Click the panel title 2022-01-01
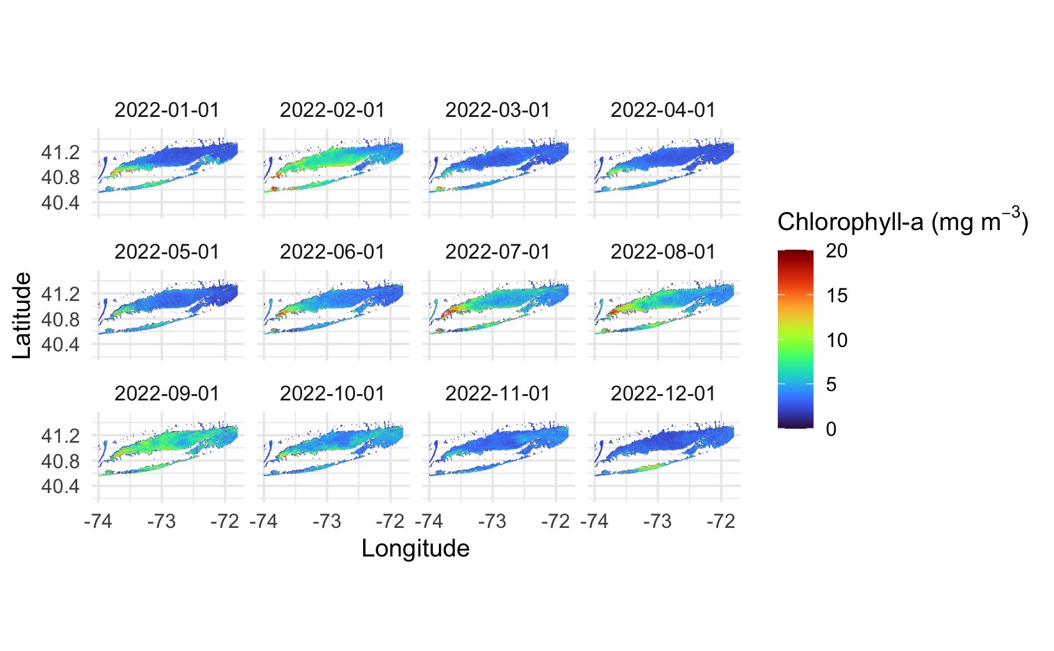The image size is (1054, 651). coord(167,110)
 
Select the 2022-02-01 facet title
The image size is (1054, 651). coord(332,110)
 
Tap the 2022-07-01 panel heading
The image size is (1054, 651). coord(497,252)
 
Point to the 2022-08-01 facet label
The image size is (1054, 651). coord(663,252)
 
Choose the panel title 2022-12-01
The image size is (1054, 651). coord(663,394)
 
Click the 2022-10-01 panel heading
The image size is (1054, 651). coord(332,394)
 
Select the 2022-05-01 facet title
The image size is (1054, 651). coord(167,252)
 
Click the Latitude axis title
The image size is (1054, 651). coord(22,315)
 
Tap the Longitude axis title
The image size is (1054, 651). coord(415,548)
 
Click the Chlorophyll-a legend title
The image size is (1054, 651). coord(902,221)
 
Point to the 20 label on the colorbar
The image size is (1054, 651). coord(837,251)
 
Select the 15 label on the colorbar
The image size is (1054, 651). coord(837,295)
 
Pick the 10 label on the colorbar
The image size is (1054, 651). coord(837,340)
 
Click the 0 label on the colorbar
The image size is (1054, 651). coord(831,429)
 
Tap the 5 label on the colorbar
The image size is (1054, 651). coord(831,384)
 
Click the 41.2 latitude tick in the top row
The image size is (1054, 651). coord(60,152)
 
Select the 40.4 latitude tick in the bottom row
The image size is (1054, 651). coord(60,486)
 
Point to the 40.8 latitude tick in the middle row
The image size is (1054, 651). coord(60,320)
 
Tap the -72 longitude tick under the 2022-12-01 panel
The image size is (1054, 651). coord(721,521)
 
